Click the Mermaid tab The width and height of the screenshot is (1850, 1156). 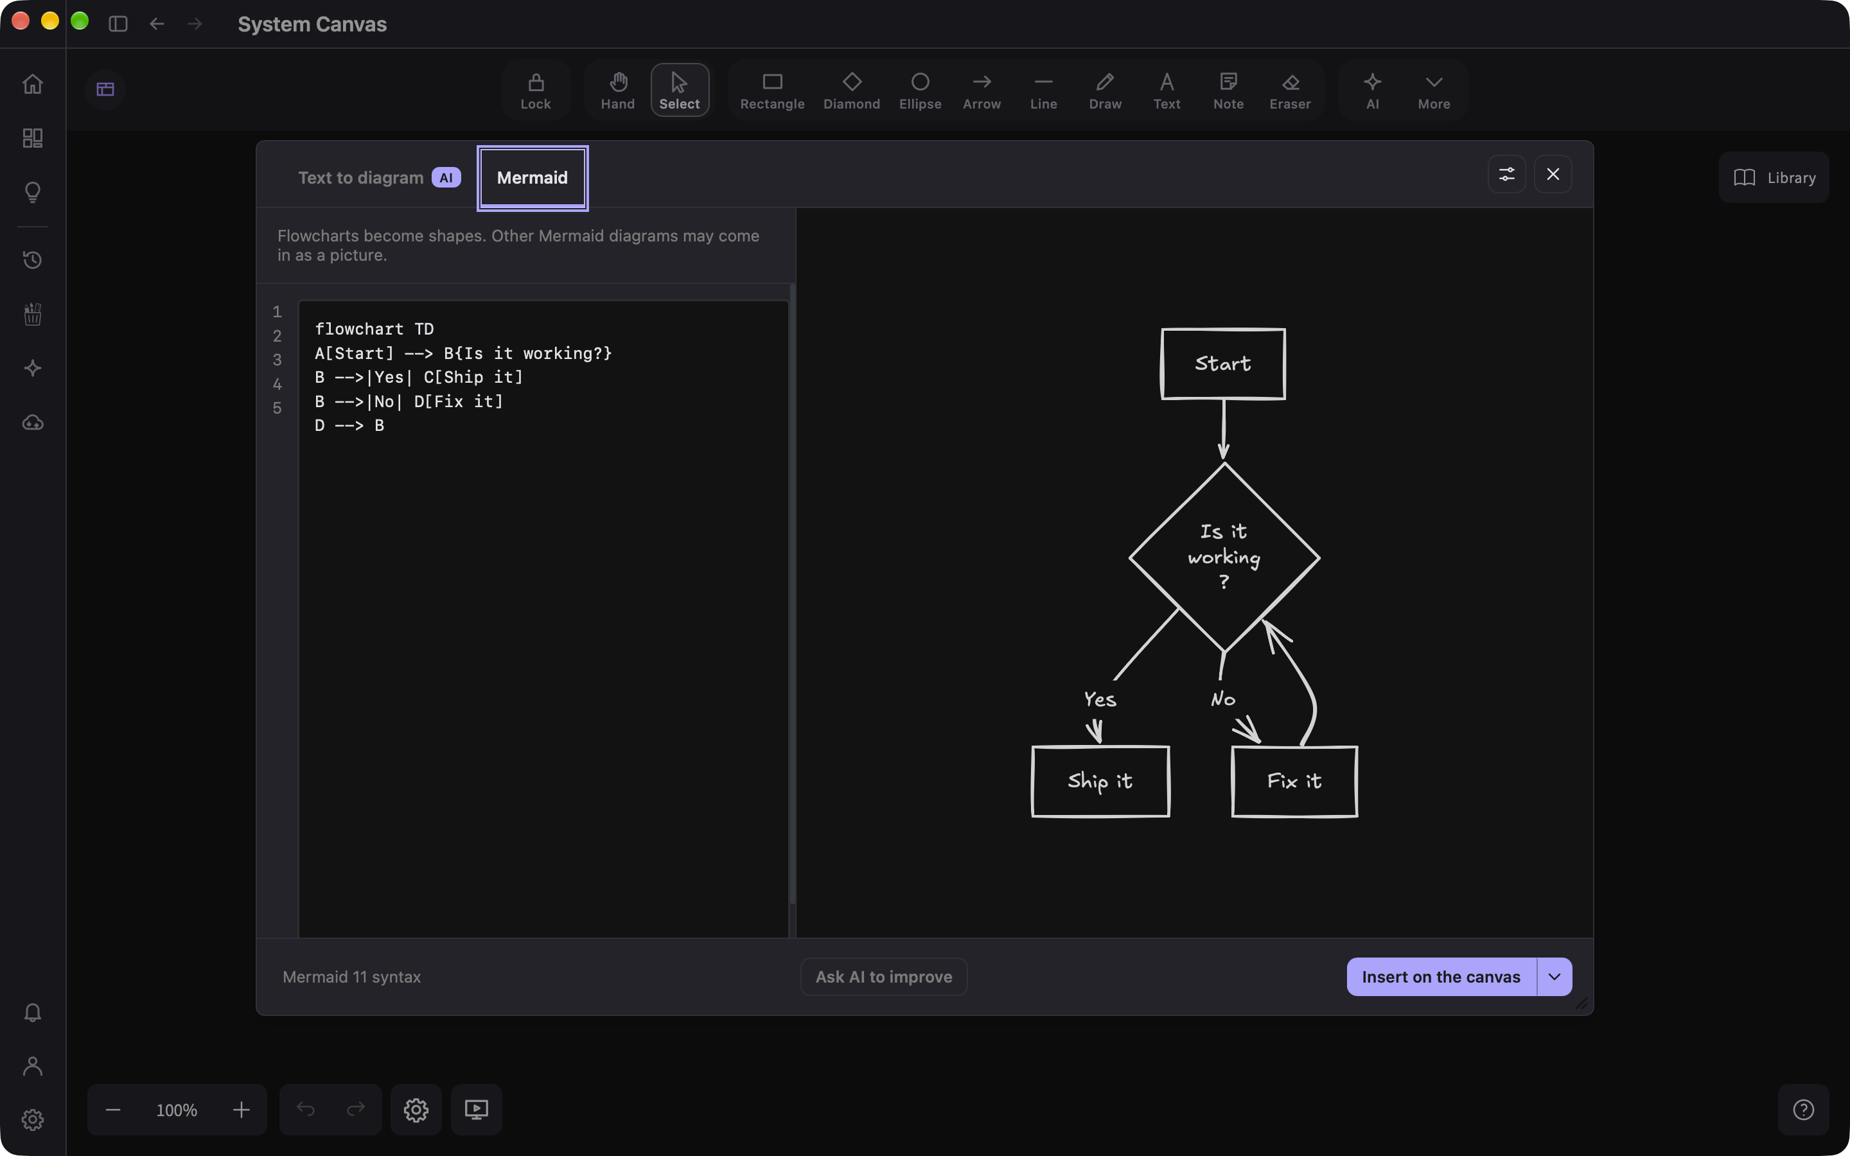[532, 178]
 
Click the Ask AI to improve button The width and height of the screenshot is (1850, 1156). [884, 976]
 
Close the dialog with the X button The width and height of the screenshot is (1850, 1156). [1553, 174]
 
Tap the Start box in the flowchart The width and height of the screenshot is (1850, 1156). [1223, 364]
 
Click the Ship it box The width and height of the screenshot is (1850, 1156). [1100, 782]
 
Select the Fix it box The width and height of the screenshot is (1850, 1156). [1294, 782]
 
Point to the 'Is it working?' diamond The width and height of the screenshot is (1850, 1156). [1224, 557]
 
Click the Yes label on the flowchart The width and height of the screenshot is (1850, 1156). [1100, 699]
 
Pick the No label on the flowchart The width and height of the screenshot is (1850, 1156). [1223, 699]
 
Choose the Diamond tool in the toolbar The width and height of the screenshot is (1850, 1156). [852, 90]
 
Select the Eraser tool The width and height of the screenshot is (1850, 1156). [1290, 90]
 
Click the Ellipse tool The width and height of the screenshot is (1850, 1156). [921, 90]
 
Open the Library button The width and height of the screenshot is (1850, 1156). [1774, 177]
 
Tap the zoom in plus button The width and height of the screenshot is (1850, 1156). [242, 1109]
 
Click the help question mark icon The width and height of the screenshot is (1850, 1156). [1803, 1109]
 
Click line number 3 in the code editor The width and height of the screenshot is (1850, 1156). [277, 360]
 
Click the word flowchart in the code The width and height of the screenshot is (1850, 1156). [359, 329]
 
